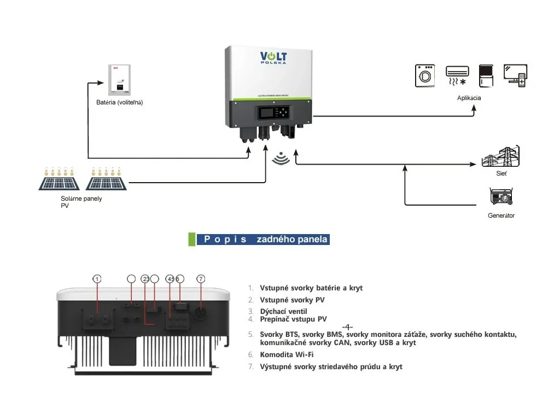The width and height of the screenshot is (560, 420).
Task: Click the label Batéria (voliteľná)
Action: pos(119,103)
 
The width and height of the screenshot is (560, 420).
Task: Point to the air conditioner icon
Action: pos(457,75)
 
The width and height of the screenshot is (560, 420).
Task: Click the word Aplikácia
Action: pos(469,98)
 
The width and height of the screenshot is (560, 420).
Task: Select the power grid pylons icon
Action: pos(500,156)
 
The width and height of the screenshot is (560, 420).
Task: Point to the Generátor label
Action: pos(501,215)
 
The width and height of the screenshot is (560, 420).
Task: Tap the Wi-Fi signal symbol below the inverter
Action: pos(281,159)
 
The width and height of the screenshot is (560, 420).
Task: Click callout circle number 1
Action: pos(97,279)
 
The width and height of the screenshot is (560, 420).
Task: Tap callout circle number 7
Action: pos(201,279)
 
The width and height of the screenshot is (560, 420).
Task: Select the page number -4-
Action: pos(347,327)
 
